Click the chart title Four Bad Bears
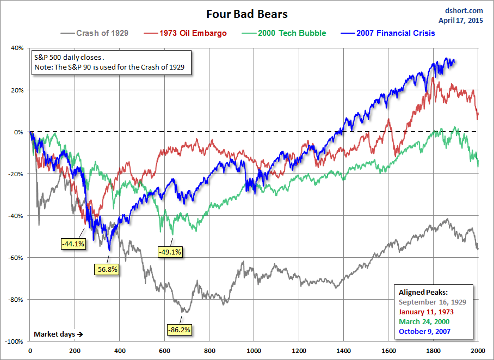(x=246, y=14)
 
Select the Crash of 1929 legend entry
(x=102, y=33)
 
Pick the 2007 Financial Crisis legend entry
(x=396, y=33)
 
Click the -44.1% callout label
(x=72, y=244)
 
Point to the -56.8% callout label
(x=106, y=269)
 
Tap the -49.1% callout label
(x=170, y=252)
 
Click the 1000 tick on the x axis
(x=254, y=351)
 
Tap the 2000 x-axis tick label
(x=478, y=351)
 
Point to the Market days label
(x=58, y=333)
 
